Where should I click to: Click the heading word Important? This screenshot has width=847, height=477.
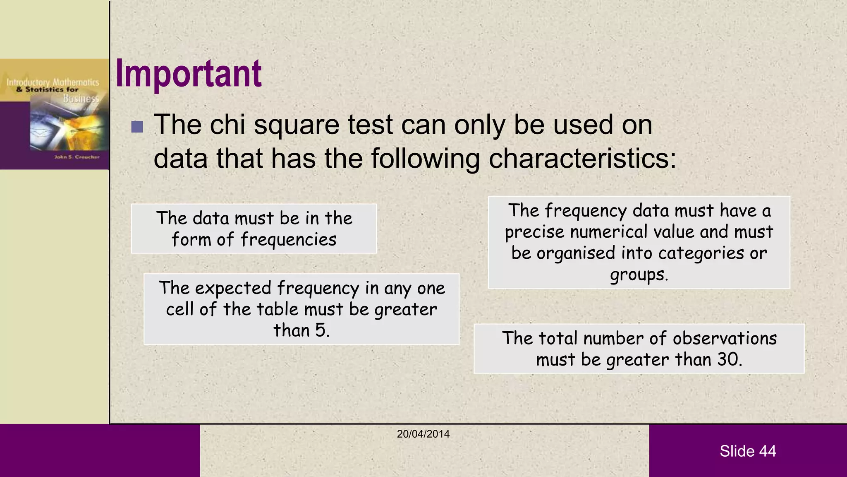click(188, 73)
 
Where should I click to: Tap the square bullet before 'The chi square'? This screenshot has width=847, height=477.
click(137, 127)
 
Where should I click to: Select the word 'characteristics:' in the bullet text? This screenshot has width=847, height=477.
click(582, 159)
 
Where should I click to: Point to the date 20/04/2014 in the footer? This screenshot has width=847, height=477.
click(423, 434)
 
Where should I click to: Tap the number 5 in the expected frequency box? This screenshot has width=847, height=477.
click(321, 330)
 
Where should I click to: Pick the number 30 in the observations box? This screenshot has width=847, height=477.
click(727, 359)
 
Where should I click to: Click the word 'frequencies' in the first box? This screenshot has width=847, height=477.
click(288, 240)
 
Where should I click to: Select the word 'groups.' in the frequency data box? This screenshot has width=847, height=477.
click(639, 275)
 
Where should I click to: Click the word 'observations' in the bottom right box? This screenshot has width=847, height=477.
click(725, 338)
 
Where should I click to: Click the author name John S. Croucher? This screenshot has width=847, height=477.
click(77, 157)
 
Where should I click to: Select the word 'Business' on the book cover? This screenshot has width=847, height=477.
click(81, 99)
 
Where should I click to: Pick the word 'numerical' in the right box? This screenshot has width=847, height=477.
click(608, 232)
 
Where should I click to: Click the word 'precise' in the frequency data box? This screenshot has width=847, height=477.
click(534, 232)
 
